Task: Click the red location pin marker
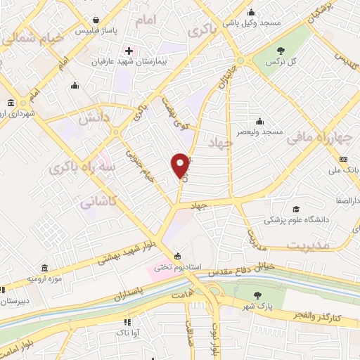[x=181, y=164]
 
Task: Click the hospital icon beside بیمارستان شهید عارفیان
[x=129, y=51]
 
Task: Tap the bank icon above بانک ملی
[x=343, y=159]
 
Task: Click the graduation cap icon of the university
[x=297, y=210]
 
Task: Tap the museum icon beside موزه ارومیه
[x=44, y=269]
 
